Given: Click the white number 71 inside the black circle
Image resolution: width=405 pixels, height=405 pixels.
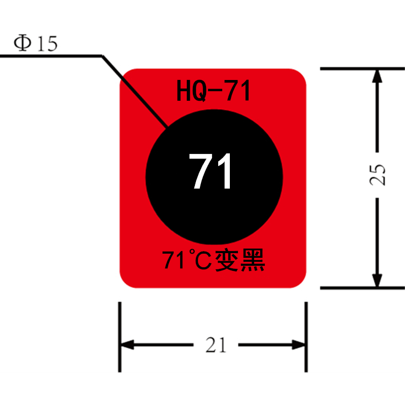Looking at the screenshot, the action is [x=210, y=171].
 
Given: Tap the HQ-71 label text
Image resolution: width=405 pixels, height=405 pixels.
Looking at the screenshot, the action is [x=213, y=91].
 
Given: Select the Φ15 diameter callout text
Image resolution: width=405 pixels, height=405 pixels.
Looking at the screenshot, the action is [x=35, y=43].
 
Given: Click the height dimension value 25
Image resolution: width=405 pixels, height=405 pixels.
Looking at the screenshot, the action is [x=377, y=175].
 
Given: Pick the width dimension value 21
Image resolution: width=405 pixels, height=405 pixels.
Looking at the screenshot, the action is [x=216, y=345].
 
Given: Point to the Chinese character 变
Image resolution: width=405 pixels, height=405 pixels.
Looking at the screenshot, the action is [x=226, y=260].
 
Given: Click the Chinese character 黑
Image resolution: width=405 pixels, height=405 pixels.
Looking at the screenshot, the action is [x=253, y=260].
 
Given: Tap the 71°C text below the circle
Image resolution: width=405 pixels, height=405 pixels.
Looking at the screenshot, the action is [x=187, y=260].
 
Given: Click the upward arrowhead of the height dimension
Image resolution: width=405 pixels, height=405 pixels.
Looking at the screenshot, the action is [x=377, y=76].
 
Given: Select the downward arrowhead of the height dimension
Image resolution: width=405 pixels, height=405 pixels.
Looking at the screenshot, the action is [x=377, y=280].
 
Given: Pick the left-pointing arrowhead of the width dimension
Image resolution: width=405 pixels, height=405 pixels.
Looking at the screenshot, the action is [x=128, y=345].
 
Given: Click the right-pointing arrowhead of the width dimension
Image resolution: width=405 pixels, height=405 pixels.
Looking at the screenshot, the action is [x=298, y=345].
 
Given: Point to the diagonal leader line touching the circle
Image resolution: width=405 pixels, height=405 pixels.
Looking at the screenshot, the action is [x=135, y=91].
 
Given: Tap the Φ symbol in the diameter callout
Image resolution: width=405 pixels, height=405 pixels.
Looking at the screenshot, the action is [x=22, y=43].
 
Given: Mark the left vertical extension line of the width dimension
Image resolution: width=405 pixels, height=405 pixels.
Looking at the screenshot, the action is [x=119, y=337].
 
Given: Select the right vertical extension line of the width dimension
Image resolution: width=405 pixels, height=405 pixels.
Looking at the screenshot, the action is [x=306, y=337].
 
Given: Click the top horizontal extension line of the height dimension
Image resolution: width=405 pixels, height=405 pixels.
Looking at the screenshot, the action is [x=362, y=69].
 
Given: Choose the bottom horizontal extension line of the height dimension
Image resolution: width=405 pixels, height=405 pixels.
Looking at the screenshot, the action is [x=362, y=288].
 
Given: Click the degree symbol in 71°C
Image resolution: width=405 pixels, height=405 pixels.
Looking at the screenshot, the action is [x=192, y=251].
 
